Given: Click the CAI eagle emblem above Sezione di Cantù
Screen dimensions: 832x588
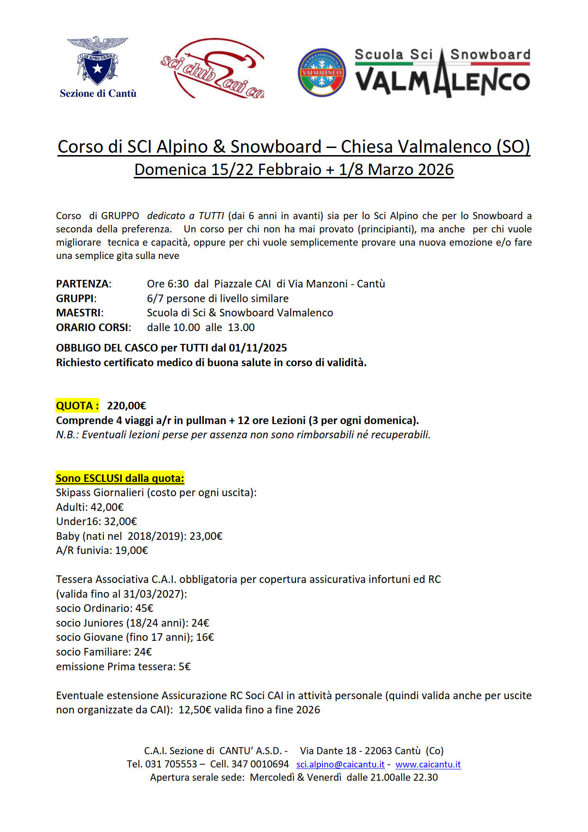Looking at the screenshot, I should tap(98, 59).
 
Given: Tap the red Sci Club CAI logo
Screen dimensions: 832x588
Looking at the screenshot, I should tap(212, 69).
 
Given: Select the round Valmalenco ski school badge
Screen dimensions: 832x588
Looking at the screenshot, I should tap(322, 73).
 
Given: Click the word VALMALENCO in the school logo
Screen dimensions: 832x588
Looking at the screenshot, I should tap(442, 81).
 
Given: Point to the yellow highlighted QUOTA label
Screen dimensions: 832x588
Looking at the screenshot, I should tap(77, 406).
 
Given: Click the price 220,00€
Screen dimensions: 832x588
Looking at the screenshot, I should tap(127, 406).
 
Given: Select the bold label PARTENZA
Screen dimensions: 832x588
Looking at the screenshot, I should tap(83, 284).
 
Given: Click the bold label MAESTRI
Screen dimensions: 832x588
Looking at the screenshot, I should tap(79, 313).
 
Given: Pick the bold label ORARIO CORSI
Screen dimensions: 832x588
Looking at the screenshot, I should tap(92, 327).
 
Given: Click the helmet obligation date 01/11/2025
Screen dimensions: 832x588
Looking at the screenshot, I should tap(258, 348).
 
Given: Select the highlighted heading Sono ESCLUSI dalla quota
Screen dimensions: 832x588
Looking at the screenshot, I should tap(120, 478).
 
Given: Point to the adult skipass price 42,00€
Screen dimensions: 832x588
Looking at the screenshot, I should tap(107, 507).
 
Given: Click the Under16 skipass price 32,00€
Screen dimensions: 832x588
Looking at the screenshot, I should tap(120, 521).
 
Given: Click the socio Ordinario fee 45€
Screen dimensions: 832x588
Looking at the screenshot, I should tap(144, 608).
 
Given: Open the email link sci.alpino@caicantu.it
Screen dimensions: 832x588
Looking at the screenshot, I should tap(340, 764).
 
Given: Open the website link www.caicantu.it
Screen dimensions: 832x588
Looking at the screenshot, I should tap(428, 764).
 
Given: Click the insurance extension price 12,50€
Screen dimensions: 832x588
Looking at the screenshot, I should tap(195, 710).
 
